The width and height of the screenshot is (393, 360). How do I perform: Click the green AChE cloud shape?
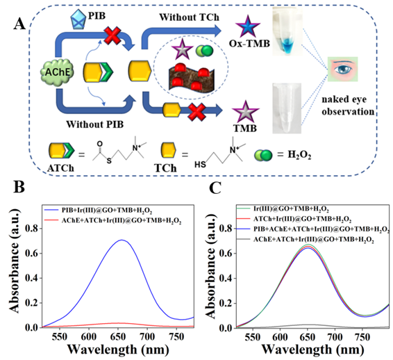(58, 72)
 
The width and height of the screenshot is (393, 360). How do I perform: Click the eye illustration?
(342, 69)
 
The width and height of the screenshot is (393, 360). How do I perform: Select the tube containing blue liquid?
(287, 31)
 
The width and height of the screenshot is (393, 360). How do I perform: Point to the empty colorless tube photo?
(287, 108)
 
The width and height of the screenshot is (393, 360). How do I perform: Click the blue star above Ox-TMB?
(247, 26)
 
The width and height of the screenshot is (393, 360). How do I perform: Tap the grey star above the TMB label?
(245, 112)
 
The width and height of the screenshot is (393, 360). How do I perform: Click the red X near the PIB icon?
(112, 35)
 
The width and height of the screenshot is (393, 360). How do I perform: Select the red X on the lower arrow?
(196, 112)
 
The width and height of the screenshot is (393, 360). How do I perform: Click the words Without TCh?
(190, 17)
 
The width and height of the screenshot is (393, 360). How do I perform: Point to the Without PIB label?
(94, 124)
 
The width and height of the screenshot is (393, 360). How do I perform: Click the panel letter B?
(19, 187)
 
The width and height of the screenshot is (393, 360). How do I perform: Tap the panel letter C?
(215, 188)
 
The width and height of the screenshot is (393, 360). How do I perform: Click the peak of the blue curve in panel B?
(122, 240)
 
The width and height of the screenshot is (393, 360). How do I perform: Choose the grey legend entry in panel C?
(306, 240)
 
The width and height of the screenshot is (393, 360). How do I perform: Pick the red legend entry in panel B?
(112, 220)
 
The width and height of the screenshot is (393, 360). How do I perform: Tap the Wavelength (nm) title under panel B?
(118, 349)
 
